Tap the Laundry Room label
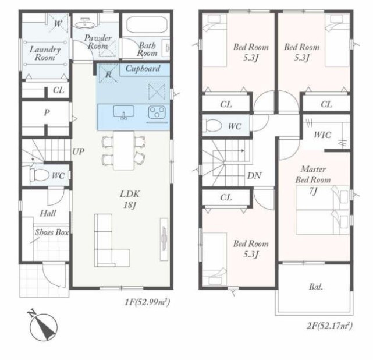(45, 54)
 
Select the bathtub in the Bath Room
(147, 26)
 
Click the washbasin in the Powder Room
(85, 23)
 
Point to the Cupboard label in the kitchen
(143, 69)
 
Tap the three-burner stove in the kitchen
(157, 112)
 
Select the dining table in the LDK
(124, 150)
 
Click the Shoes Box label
(52, 232)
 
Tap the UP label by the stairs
(78, 151)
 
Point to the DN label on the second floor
(254, 176)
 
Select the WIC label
(322, 135)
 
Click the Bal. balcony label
(316, 287)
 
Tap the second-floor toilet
(213, 125)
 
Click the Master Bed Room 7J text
(313, 180)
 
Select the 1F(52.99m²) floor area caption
(147, 302)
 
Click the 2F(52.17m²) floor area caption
(330, 326)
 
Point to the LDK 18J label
(130, 199)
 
